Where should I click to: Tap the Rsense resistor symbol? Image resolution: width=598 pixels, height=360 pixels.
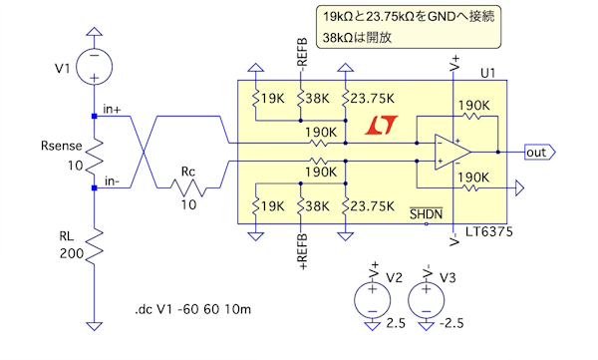coord(95,158)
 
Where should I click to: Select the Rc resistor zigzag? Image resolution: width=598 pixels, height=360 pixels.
coord(188,187)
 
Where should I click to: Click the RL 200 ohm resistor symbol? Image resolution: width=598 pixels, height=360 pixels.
coord(95,246)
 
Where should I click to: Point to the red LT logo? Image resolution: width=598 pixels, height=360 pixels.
coord(381,126)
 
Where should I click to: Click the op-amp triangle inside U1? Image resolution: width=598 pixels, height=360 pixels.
coord(452,152)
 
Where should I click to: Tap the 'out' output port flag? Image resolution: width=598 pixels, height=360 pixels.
coord(540,153)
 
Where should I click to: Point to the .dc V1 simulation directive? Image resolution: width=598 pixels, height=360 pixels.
coord(193,309)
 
